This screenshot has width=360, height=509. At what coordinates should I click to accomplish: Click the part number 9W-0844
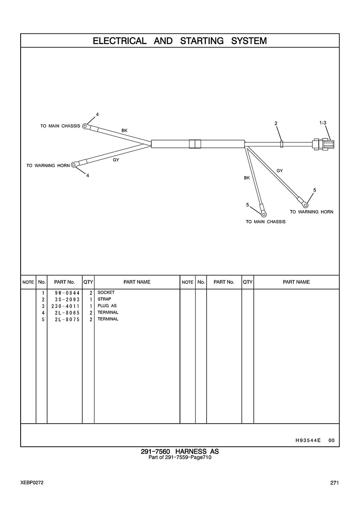click(65, 293)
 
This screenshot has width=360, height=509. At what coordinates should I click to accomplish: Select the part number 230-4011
click(65, 306)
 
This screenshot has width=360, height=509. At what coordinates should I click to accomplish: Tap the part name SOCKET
click(106, 293)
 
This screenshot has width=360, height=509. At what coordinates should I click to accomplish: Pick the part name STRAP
click(105, 299)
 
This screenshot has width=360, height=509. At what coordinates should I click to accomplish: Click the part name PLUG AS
click(107, 306)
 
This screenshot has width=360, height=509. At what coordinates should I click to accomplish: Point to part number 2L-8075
click(65, 319)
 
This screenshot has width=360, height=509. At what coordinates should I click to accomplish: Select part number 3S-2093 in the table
click(65, 299)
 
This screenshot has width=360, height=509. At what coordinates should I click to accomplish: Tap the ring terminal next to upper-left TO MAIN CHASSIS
click(86, 126)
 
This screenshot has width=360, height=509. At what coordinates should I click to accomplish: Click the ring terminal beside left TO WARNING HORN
click(75, 164)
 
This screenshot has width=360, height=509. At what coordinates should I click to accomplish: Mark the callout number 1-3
click(323, 123)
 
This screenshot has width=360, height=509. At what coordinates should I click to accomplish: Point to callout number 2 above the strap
click(276, 123)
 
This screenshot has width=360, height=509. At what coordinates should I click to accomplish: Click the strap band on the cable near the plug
click(281, 144)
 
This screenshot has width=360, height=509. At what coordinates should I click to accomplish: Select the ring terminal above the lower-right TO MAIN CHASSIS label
click(264, 213)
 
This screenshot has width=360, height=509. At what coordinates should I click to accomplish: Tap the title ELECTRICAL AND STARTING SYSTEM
click(180, 41)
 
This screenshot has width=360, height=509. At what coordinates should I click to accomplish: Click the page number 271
click(334, 483)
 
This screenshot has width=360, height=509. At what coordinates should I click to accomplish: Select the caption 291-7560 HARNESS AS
click(180, 452)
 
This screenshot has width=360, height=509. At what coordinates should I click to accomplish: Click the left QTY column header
click(88, 282)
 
